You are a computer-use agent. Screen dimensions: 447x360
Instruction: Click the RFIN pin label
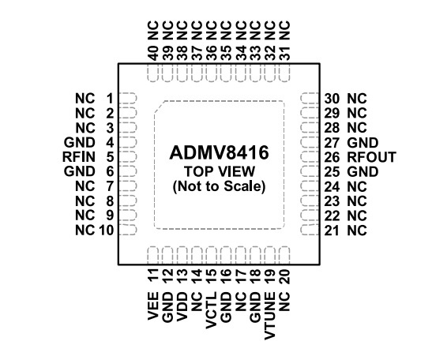pyautogui.click(x=79, y=157)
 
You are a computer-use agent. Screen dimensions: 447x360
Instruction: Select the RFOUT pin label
pyautogui.click(x=371, y=157)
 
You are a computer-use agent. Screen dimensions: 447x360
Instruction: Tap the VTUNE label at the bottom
pyautogui.click(x=269, y=316)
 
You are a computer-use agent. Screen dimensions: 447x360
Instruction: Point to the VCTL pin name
pyautogui.click(x=211, y=310)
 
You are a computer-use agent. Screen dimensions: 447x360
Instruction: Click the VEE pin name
pyautogui.click(x=152, y=306)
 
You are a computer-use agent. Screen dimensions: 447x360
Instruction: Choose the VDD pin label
pyautogui.click(x=182, y=306)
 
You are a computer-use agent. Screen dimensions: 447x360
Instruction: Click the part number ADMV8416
pyautogui.click(x=219, y=153)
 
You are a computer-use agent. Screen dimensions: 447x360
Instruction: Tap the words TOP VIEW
pyautogui.click(x=220, y=171)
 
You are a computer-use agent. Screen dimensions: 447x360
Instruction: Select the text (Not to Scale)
pyautogui.click(x=219, y=186)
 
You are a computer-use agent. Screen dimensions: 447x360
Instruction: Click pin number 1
pyautogui.click(x=110, y=99)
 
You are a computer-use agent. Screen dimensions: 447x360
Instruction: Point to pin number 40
pyautogui.click(x=153, y=54)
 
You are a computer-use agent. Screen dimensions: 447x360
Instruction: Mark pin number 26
pyautogui.click(x=332, y=157)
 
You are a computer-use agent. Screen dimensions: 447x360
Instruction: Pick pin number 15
pyautogui.click(x=211, y=276)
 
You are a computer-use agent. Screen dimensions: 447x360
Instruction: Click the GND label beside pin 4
pyautogui.click(x=79, y=142)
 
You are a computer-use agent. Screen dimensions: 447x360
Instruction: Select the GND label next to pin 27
pyautogui.click(x=362, y=143)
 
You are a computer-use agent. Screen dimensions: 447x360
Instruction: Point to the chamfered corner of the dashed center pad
pyautogui.click(x=160, y=107)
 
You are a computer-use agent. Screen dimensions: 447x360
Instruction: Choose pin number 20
pyautogui.click(x=284, y=276)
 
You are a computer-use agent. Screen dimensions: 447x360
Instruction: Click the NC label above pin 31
pyautogui.click(x=284, y=30)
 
